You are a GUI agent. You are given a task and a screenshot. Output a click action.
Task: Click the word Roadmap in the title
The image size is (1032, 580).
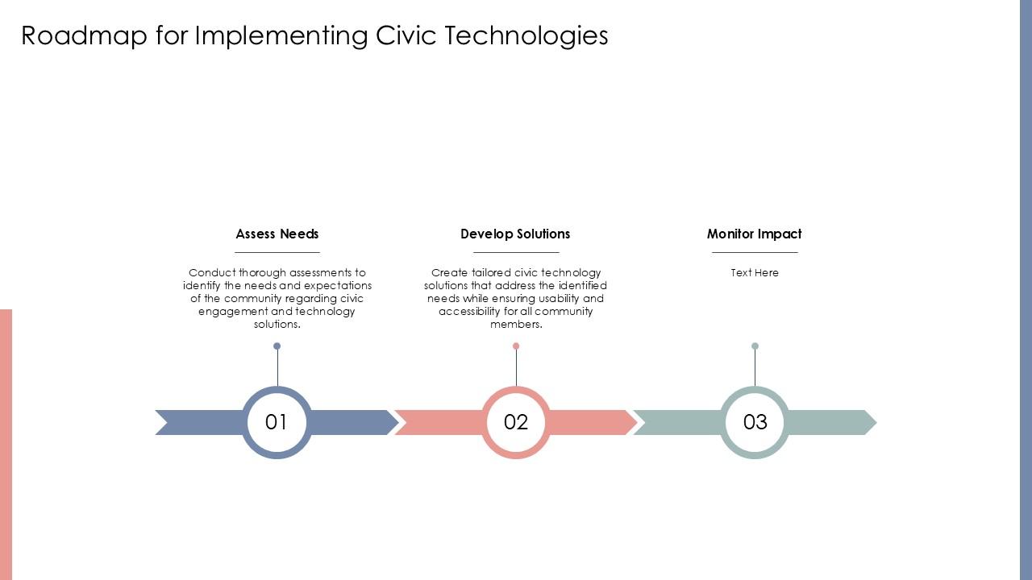coord(84,35)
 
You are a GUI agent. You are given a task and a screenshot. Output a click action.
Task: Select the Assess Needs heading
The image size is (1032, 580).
coord(277,234)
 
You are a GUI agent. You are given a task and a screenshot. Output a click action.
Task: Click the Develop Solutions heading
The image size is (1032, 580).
coord(515,234)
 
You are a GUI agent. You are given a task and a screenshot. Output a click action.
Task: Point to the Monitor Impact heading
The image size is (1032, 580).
coord(754,234)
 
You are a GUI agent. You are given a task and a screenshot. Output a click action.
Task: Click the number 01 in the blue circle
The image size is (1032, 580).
coord(276,422)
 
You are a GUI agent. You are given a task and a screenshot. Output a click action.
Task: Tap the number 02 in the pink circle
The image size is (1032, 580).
coord(515,422)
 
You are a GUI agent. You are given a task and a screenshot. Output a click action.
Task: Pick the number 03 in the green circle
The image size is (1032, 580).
coord(755,422)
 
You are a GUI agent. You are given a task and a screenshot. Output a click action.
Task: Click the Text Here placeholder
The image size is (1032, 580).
coord(755,272)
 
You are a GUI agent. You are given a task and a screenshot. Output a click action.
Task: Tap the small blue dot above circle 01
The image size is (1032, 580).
coord(277,346)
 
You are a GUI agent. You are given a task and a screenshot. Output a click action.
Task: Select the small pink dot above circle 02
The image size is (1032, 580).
coord(516,346)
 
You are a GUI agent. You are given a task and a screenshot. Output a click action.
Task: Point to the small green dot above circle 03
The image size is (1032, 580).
coord(755,346)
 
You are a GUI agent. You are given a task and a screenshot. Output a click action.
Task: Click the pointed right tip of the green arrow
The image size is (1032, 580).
coord(876,423)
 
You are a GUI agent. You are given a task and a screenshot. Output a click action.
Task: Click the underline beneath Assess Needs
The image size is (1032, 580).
coord(277,252)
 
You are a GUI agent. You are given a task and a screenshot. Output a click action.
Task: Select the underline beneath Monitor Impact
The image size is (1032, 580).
coord(755,252)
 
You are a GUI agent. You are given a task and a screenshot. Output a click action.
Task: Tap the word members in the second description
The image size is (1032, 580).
coord(514,324)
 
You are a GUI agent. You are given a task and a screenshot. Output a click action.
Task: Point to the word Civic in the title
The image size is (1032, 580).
coord(406,35)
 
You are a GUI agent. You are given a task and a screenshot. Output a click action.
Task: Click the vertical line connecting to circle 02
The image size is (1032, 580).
coord(516,368)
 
